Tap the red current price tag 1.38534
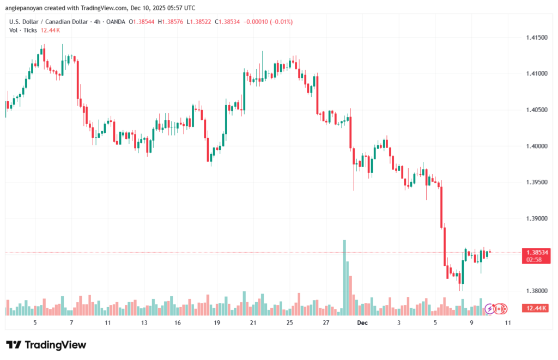[x=534, y=252]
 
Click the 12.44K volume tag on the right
[x=534, y=309]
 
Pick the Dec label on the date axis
[x=362, y=323]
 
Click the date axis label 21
[x=253, y=323]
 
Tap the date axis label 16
[x=178, y=323]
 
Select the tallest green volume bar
[x=344, y=277]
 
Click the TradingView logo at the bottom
[x=46, y=345]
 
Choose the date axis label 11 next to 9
[x=507, y=323]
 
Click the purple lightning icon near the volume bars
[x=489, y=309]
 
